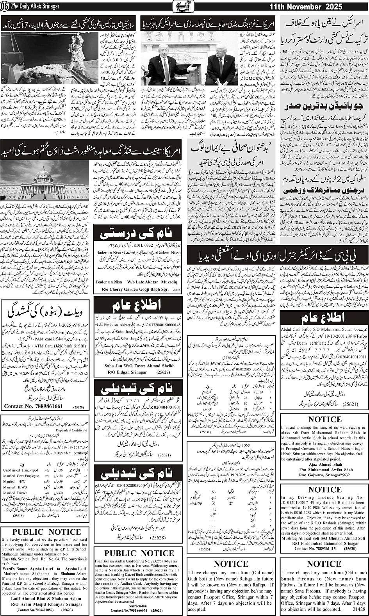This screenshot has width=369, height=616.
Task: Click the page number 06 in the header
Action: click(x=5, y=7)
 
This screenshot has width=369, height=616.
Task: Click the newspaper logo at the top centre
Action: click(x=184, y=7)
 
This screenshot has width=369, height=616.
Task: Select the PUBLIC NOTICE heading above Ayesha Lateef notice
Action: click(x=46, y=532)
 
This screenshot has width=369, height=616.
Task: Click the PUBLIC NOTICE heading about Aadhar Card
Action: click(x=139, y=553)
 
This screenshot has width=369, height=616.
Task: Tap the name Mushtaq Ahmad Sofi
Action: click(x=303, y=538)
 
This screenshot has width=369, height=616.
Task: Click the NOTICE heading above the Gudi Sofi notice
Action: click(x=231, y=564)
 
